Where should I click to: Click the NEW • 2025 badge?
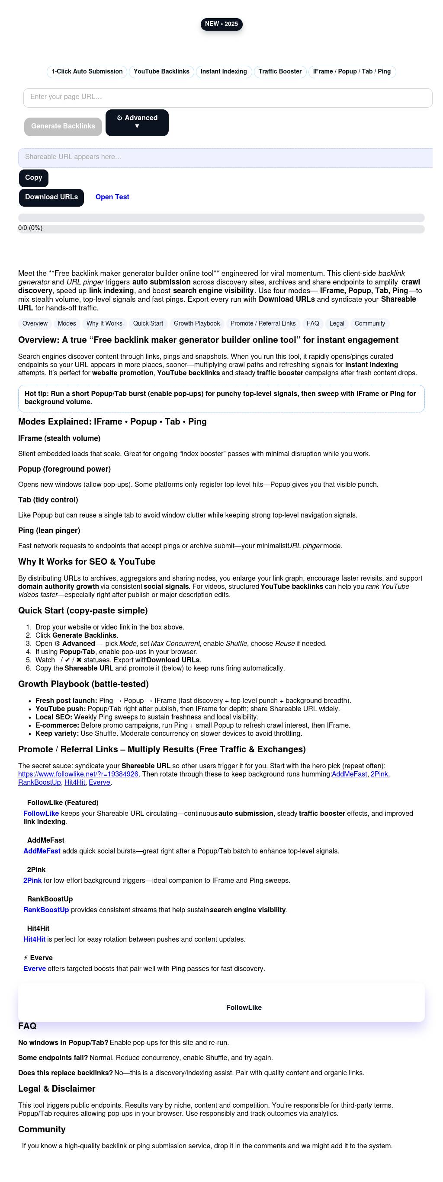tap(221, 24)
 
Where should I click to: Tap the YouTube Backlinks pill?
tap(161, 72)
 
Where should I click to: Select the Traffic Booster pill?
tap(279, 72)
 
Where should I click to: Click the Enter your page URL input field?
tap(228, 97)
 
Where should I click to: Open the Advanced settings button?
tap(137, 122)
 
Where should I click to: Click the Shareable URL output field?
tap(225, 157)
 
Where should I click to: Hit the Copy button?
tap(33, 178)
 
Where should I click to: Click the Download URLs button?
tap(51, 197)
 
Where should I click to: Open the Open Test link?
tap(112, 197)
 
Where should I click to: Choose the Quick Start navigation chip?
tap(148, 324)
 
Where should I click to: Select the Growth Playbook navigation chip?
tap(196, 324)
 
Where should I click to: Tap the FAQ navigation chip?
tap(313, 324)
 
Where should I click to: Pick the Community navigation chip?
tap(369, 324)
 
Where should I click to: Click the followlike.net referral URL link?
tap(78, 774)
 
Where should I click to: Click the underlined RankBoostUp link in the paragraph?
tap(39, 783)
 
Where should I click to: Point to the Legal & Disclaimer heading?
tap(57, 1089)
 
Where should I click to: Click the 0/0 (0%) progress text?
tap(30, 228)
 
